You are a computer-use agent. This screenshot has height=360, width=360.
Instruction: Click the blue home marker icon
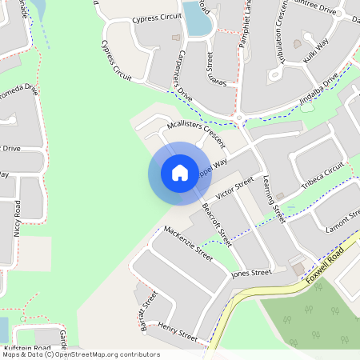179,173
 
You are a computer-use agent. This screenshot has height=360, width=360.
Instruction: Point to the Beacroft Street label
216,224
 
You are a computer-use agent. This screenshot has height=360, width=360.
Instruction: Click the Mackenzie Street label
188,243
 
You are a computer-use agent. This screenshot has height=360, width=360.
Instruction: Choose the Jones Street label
251,274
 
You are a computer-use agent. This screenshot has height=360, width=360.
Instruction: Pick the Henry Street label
177,331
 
